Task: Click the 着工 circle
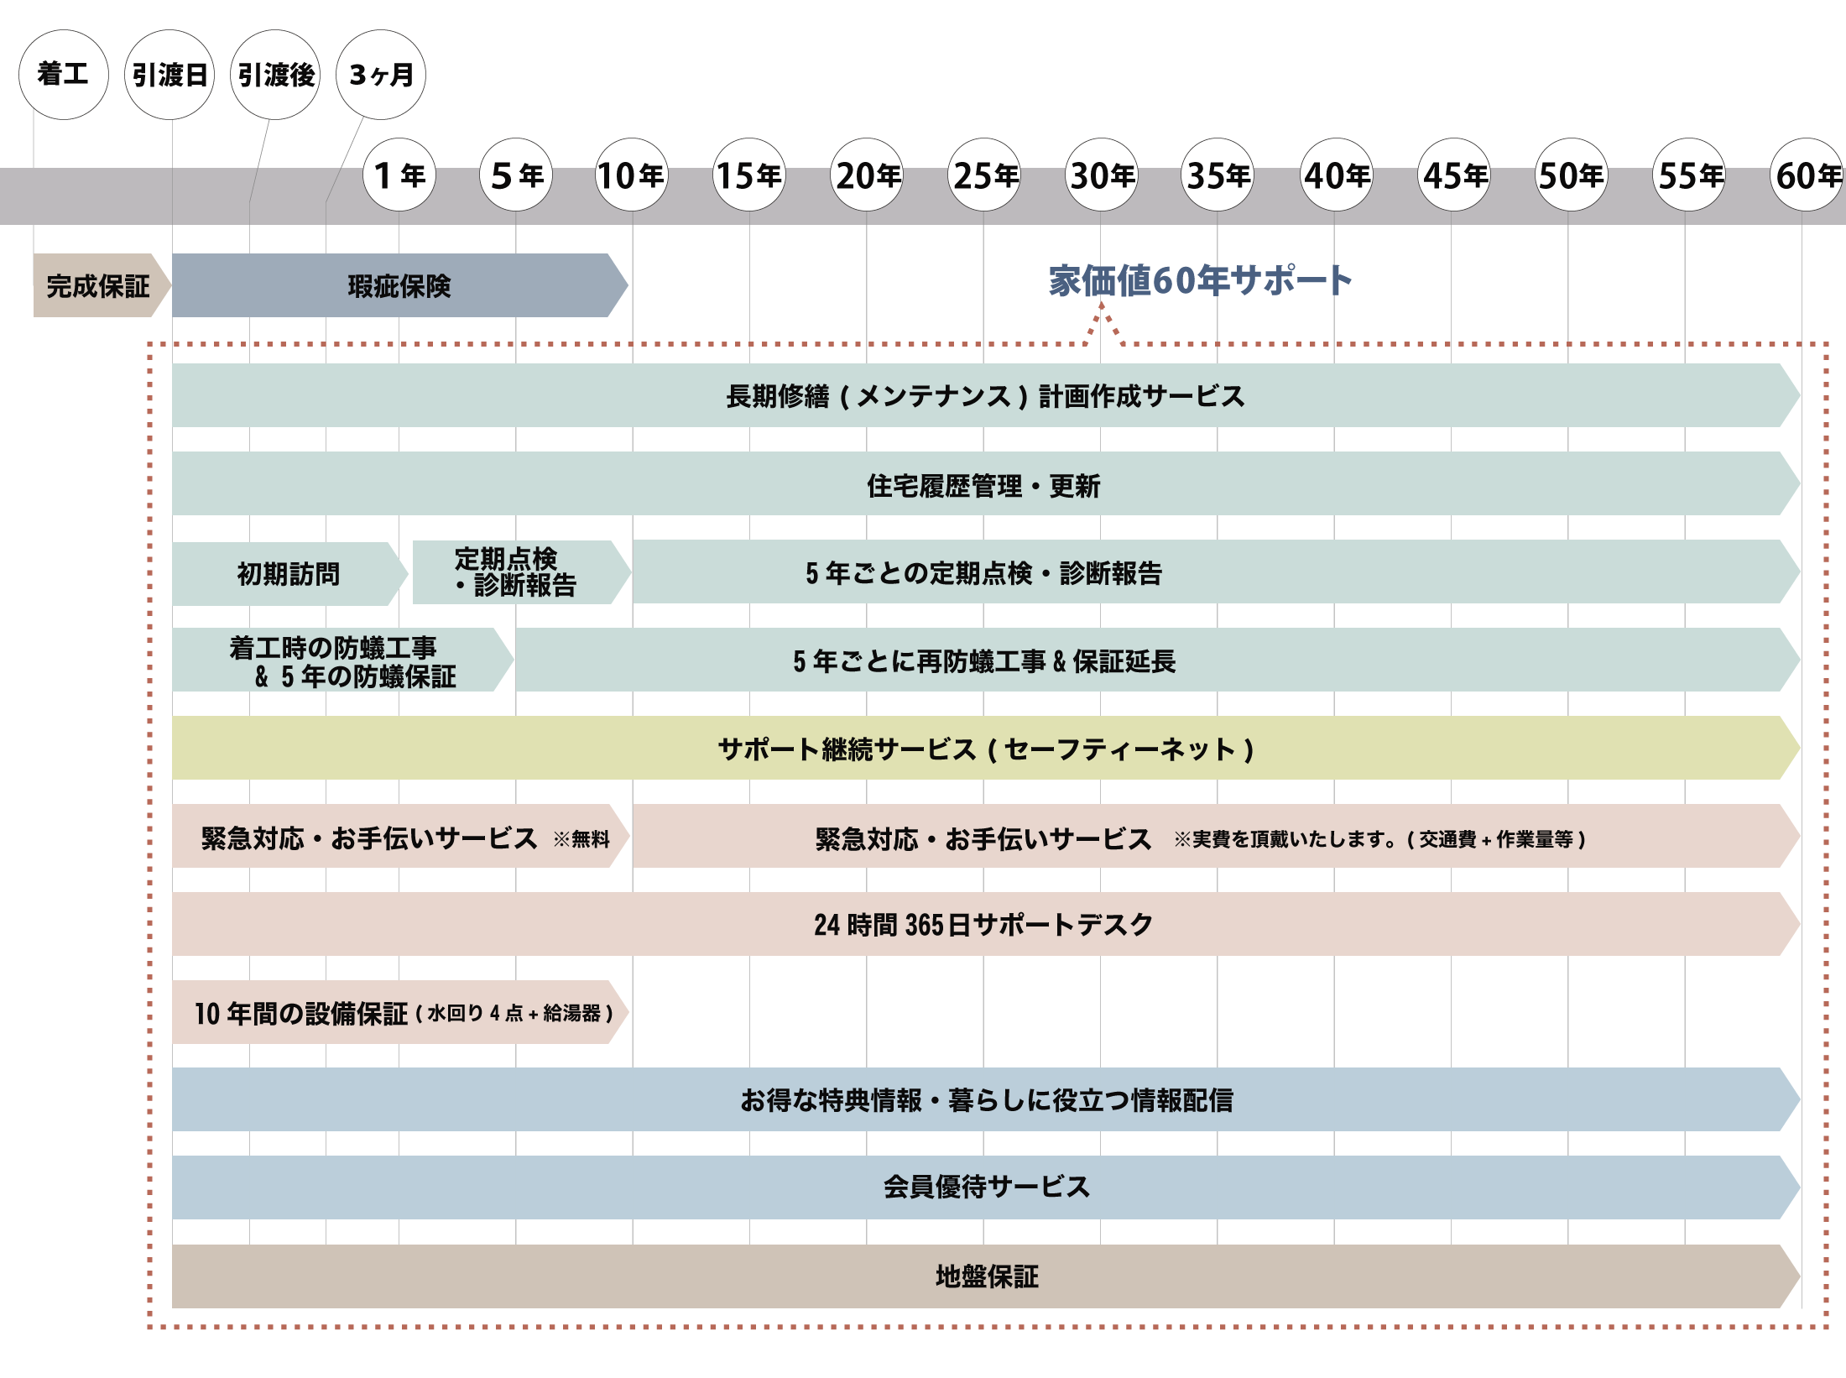coord(63,75)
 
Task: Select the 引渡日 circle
coord(169,75)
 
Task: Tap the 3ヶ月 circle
coord(381,75)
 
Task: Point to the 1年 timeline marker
coord(399,175)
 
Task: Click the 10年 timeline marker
coord(632,175)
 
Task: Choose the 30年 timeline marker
coord(1101,175)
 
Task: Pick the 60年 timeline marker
coord(1807,175)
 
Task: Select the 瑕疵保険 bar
coord(399,286)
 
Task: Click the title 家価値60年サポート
coord(1200,280)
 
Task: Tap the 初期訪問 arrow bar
coord(288,574)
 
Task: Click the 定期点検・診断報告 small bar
coord(516,572)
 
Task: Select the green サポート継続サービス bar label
coord(985,749)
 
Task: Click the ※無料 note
coord(581,838)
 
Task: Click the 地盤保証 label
coord(987,1276)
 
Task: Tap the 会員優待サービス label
coord(987,1187)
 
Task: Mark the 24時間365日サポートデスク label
coord(983,924)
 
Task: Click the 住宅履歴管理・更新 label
coord(983,485)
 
